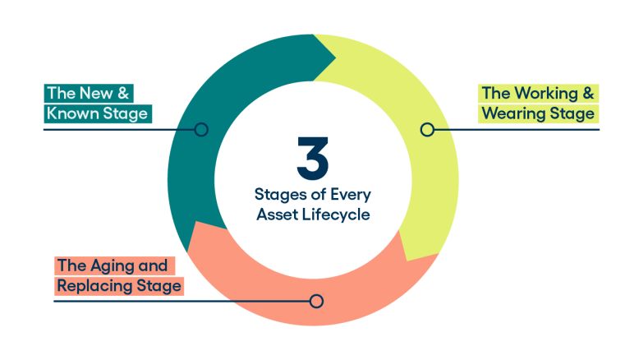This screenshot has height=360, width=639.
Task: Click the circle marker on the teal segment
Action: (x=201, y=129)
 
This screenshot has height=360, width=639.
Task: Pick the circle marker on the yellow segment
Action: (x=426, y=129)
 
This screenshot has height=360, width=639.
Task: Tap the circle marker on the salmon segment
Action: (x=316, y=301)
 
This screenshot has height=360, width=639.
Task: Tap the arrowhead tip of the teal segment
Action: (x=334, y=58)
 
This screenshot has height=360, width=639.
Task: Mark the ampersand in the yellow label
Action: (x=589, y=93)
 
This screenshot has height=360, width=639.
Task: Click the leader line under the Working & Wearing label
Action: (x=526, y=129)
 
